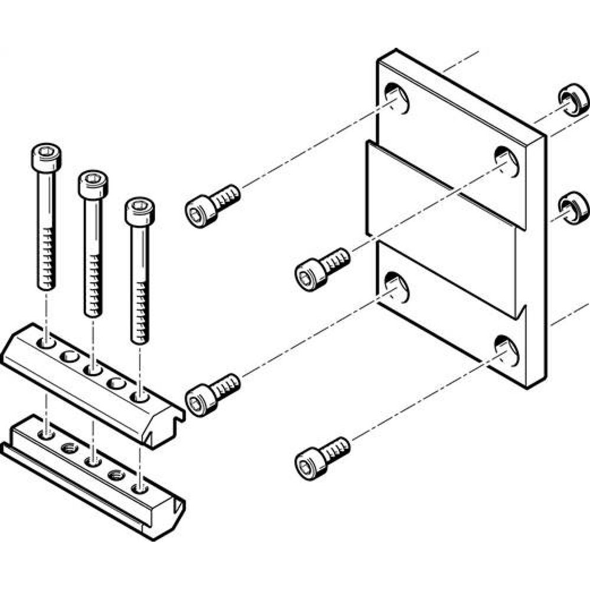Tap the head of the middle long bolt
point(93,184)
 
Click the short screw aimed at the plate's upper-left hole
point(211,204)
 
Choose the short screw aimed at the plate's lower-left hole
point(211,394)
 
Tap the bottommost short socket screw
point(320,457)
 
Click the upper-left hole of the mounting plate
point(396,98)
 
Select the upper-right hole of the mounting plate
point(505,160)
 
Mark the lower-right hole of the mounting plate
point(506,350)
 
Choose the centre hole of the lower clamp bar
point(91,460)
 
